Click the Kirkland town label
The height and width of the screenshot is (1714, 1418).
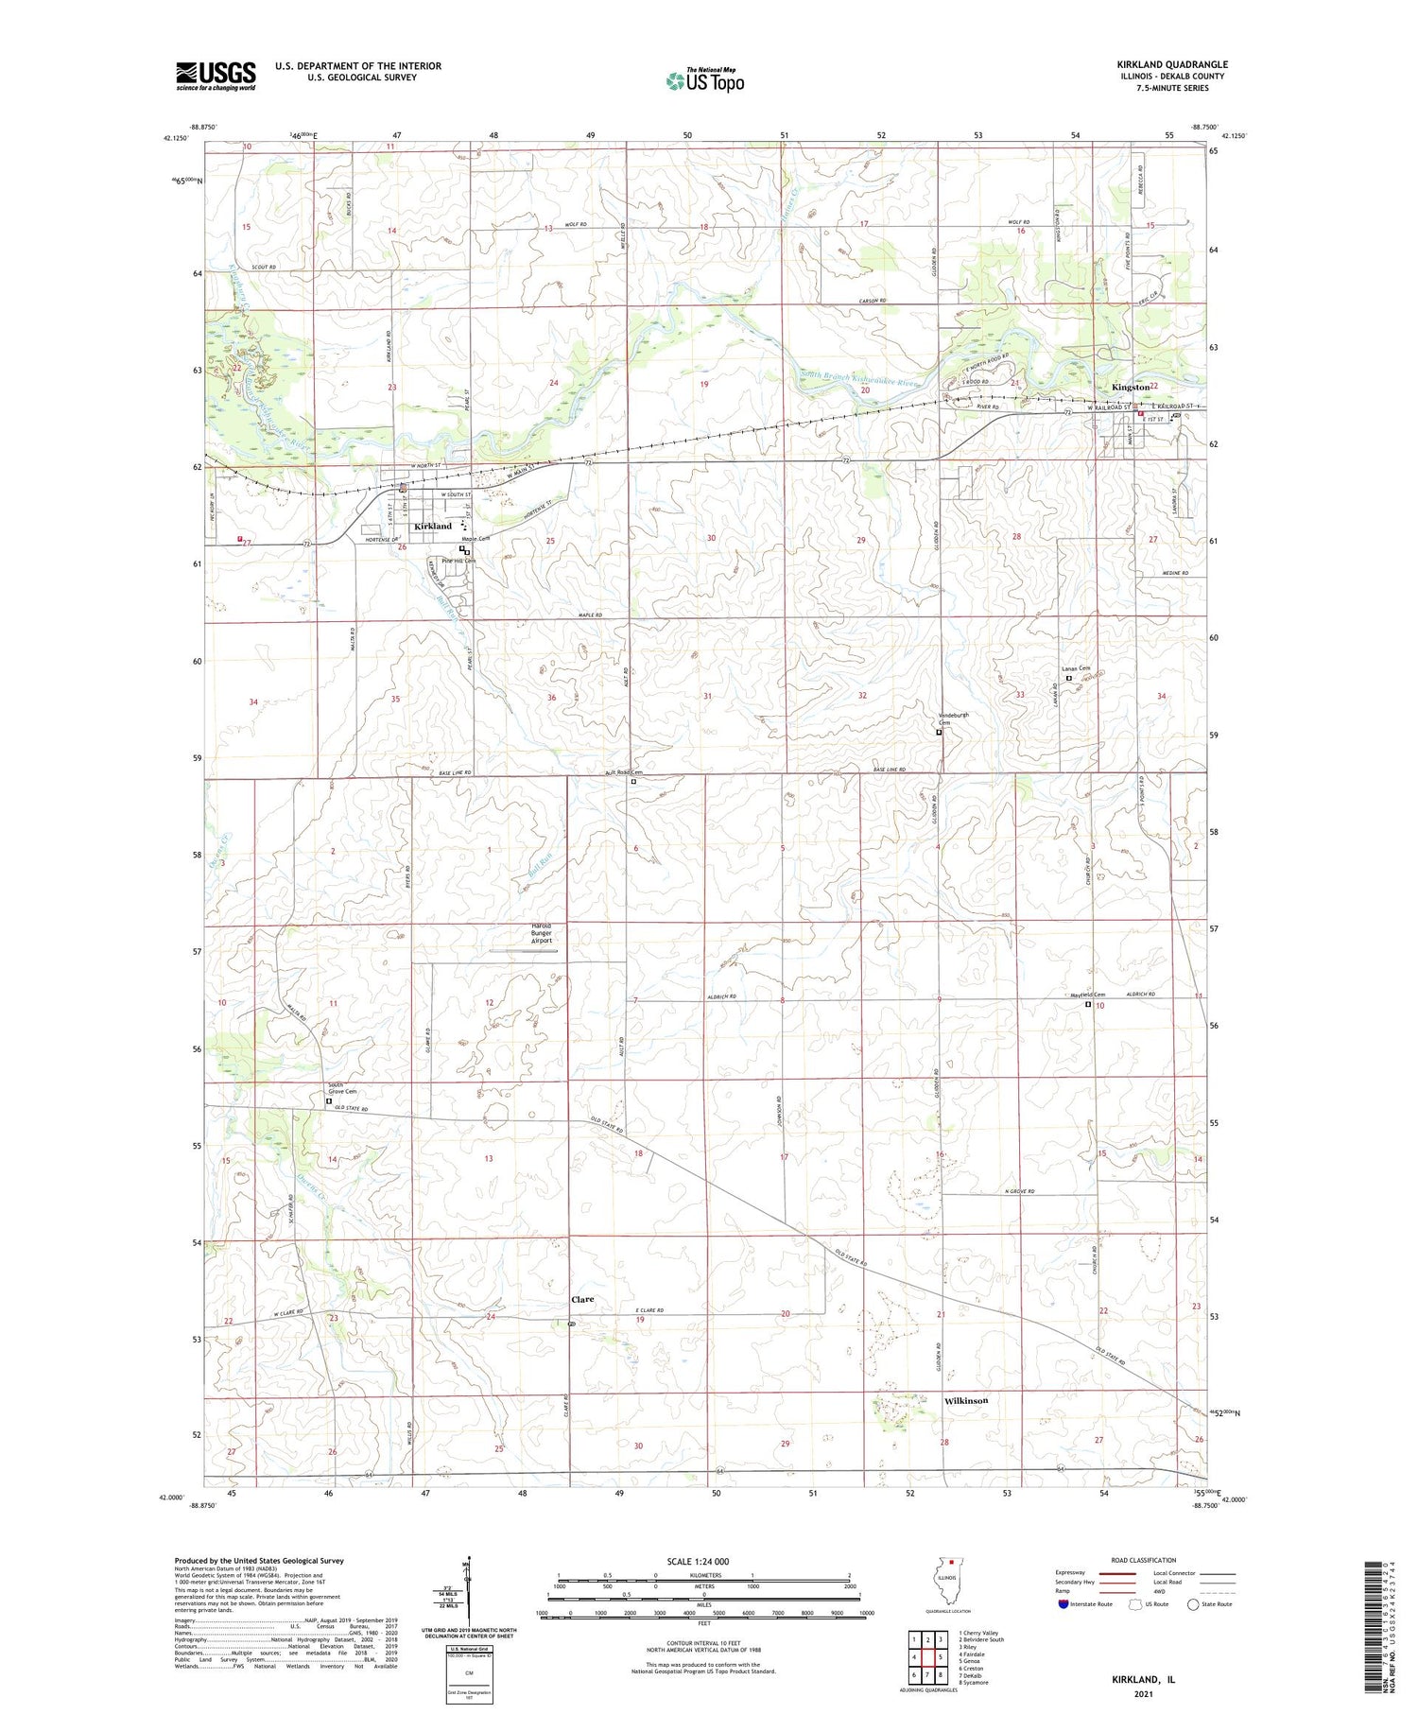coord(433,526)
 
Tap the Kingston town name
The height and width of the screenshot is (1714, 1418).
coord(1131,388)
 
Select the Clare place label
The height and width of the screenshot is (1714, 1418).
coord(582,1299)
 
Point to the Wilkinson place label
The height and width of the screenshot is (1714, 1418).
coord(966,1400)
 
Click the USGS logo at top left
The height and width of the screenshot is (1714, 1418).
coord(216,76)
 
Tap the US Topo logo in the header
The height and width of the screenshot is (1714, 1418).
coord(705,80)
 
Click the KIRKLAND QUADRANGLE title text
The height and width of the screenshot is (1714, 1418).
coord(1172,64)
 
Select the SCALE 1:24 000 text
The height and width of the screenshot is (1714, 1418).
coord(698,1561)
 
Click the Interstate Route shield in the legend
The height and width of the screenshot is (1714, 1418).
coord(1063,1604)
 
